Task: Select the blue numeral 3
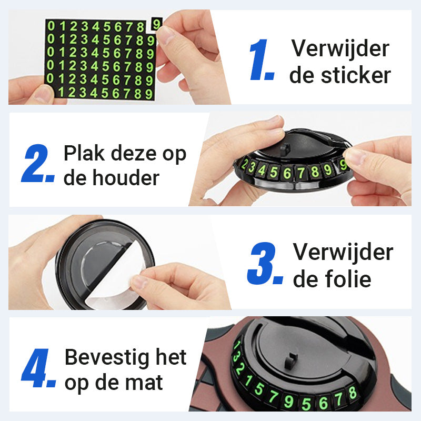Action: [x=264, y=263]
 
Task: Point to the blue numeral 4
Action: [x=37, y=368]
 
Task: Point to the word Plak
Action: [x=84, y=153]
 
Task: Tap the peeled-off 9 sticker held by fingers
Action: [x=156, y=24]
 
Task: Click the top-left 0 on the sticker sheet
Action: [x=51, y=26]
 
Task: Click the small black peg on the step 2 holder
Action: [x=285, y=149]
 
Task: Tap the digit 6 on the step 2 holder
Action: [x=287, y=173]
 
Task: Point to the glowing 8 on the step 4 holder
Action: [x=353, y=393]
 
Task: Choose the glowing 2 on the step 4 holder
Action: [x=240, y=369]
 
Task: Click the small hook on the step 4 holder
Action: [x=290, y=360]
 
